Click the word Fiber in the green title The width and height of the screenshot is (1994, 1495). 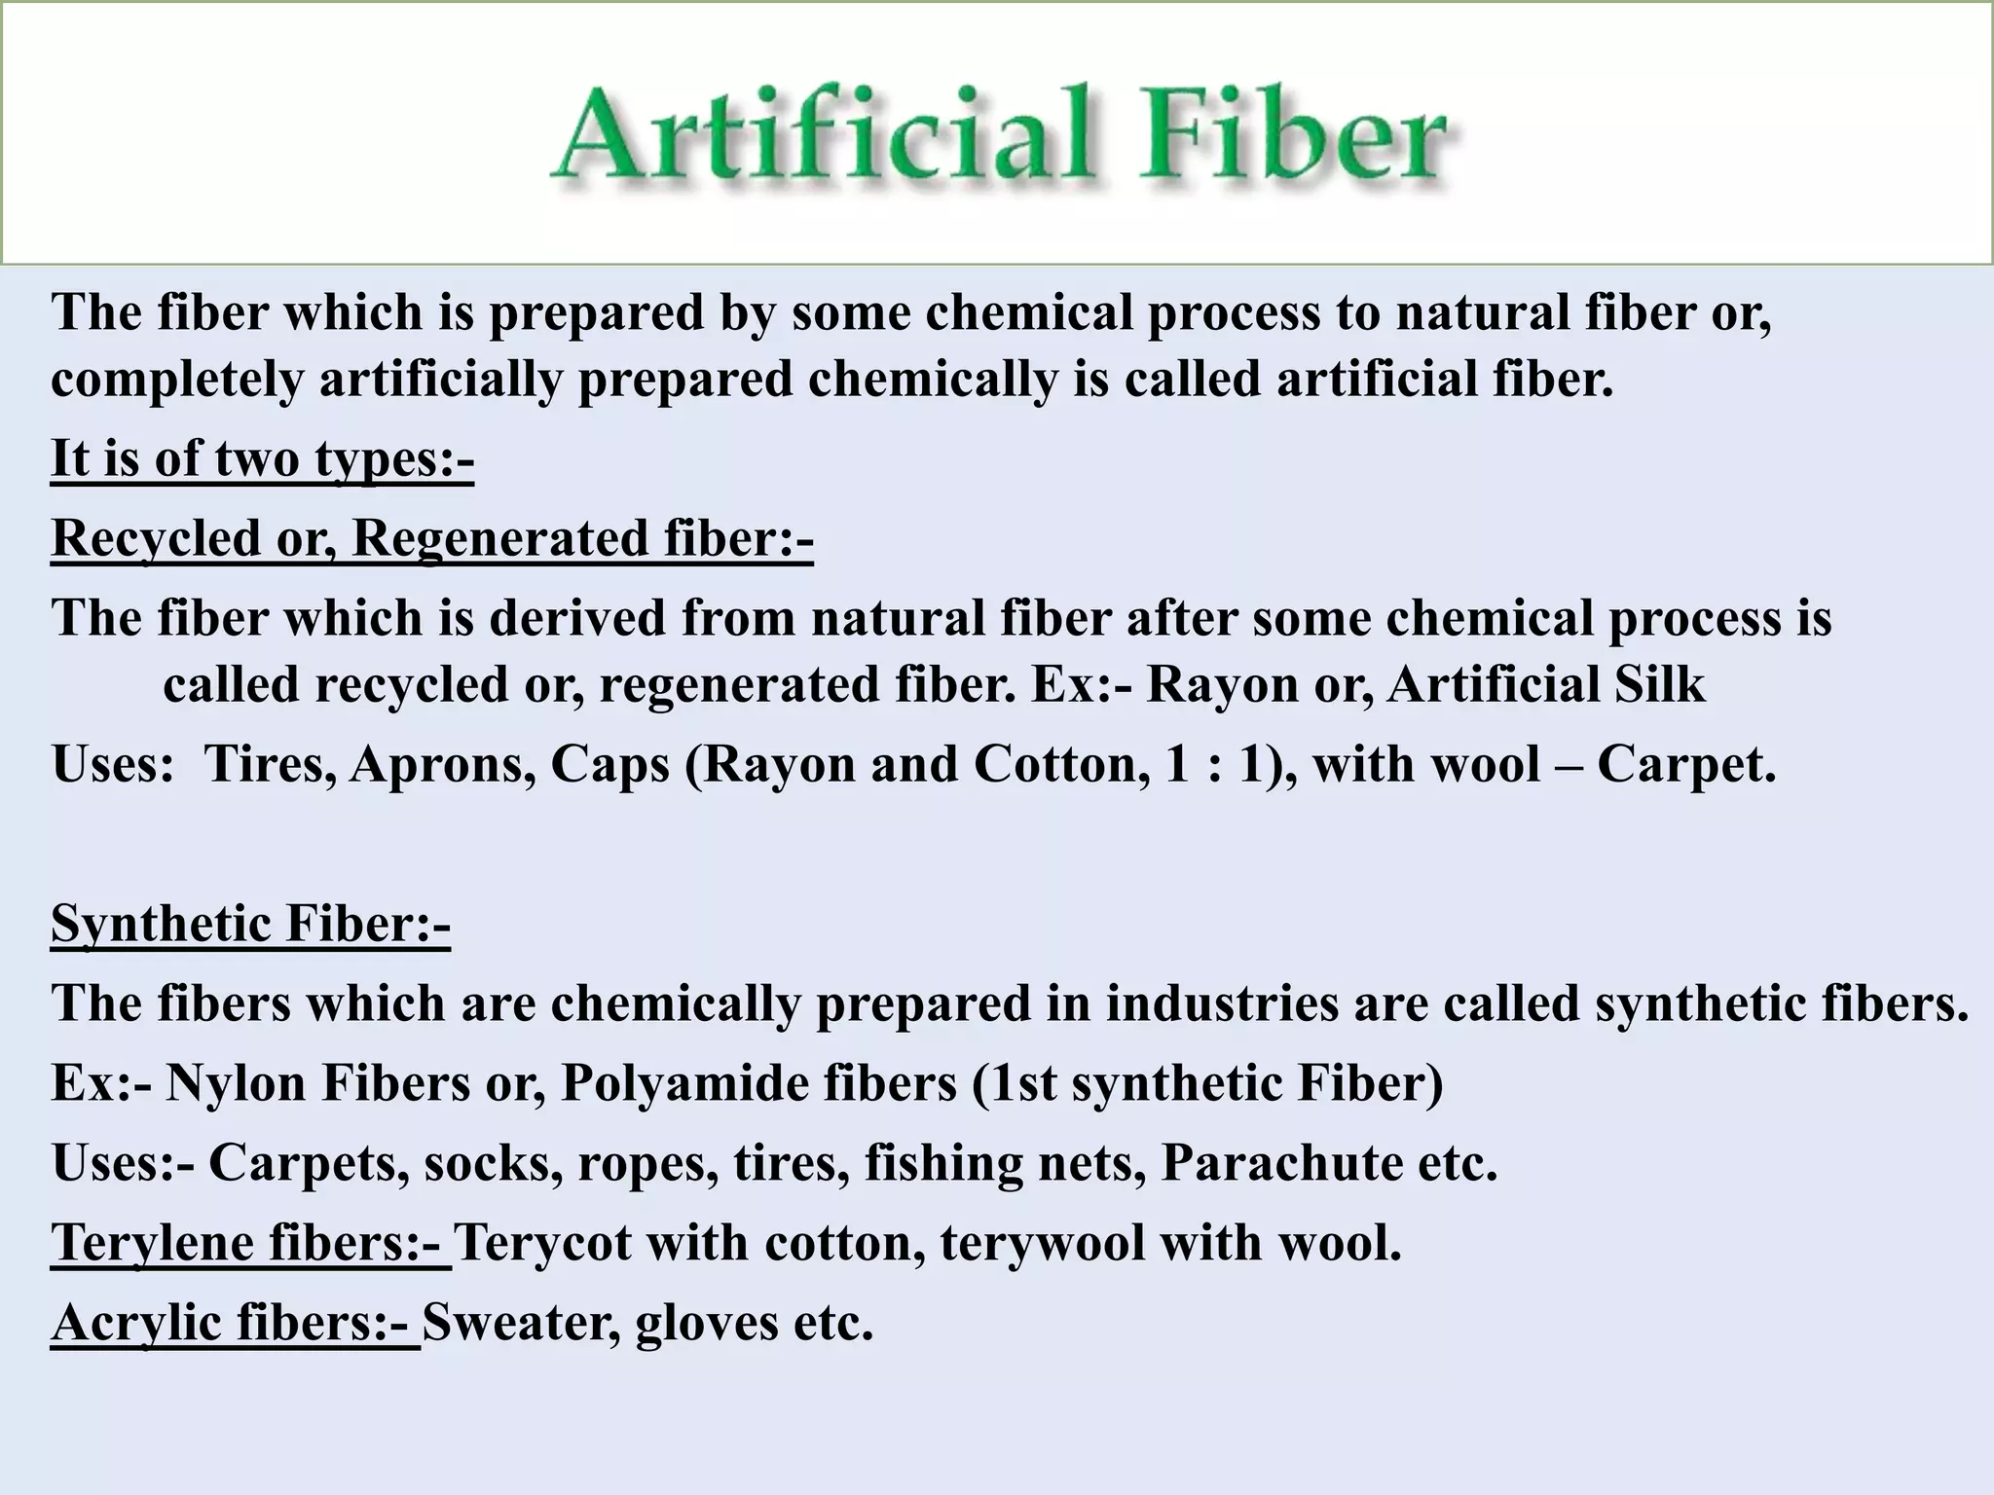[x=1292, y=136]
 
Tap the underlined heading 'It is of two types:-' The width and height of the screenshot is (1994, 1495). [x=262, y=457]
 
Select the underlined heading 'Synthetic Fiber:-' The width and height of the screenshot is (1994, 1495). [x=250, y=923]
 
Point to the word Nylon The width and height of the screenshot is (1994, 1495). [x=236, y=1082]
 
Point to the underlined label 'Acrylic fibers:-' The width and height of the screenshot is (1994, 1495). [x=235, y=1322]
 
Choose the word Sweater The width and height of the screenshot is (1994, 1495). [x=521, y=1322]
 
